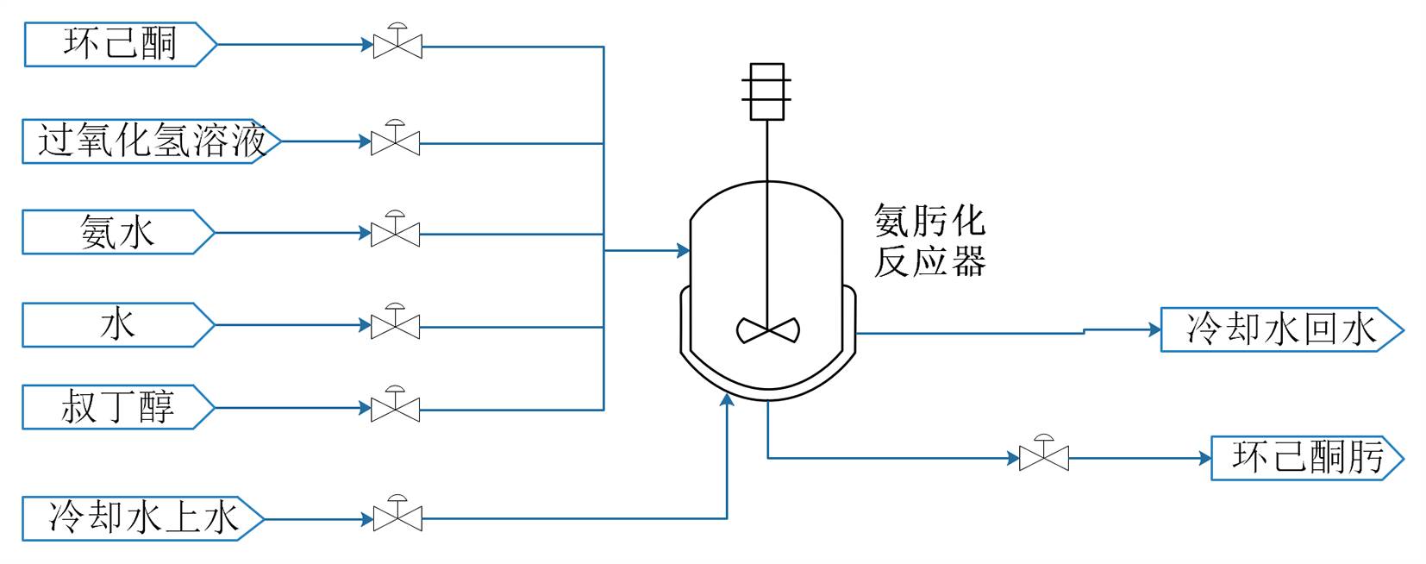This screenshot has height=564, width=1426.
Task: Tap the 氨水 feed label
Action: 117,233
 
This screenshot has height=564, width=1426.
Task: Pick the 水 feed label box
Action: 117,325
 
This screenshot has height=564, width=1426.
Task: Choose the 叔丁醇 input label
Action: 117,407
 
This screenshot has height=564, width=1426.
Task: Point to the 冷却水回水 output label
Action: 1281,329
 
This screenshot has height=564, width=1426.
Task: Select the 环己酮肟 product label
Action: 1307,457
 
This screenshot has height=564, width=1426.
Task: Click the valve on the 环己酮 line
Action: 397,44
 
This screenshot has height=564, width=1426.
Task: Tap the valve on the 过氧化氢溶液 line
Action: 396,141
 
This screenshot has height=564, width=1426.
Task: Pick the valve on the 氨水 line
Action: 396,232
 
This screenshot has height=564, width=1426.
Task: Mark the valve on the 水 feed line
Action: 396,324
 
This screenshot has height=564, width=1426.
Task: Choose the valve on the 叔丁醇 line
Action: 396,407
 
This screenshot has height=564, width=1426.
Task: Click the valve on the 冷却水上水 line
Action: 397,517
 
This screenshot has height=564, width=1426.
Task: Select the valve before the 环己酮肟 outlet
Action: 1043,456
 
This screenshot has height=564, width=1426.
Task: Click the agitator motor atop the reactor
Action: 766,91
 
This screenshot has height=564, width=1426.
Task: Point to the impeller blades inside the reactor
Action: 767,329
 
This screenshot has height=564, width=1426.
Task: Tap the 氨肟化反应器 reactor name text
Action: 929,241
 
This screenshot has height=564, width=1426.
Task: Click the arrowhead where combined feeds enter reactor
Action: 684,251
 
